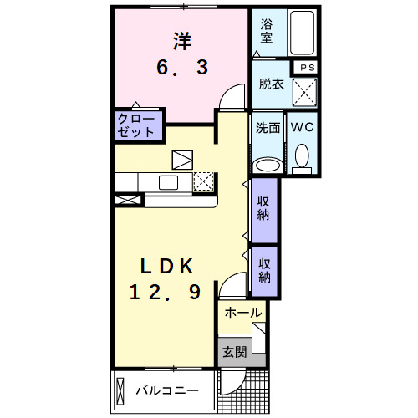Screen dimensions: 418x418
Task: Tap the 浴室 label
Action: coord(268,31)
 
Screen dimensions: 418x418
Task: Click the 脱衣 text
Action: coord(271,84)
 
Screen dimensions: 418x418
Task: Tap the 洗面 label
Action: coord(267,129)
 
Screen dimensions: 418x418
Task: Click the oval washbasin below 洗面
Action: coord(267,163)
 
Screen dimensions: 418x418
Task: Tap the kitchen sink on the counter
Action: coord(168,183)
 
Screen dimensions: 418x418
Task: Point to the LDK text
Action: coord(166,267)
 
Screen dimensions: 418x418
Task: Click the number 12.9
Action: coord(166,293)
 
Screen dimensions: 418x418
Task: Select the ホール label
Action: coord(243,313)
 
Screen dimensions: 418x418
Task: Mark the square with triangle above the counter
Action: coord(182,159)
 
